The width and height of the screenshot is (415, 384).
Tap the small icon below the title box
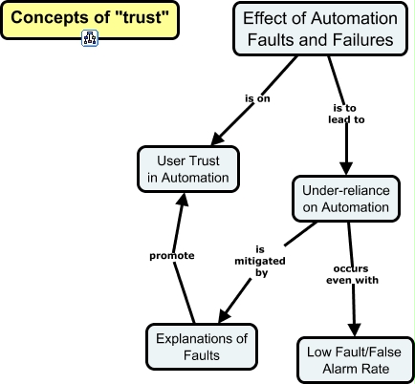coord(89,39)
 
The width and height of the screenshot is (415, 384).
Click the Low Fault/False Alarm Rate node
coord(356,360)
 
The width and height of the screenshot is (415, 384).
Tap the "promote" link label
coord(172,256)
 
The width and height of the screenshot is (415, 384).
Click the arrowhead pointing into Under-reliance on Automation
coord(345,168)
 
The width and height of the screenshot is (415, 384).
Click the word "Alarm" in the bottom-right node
coord(356,370)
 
